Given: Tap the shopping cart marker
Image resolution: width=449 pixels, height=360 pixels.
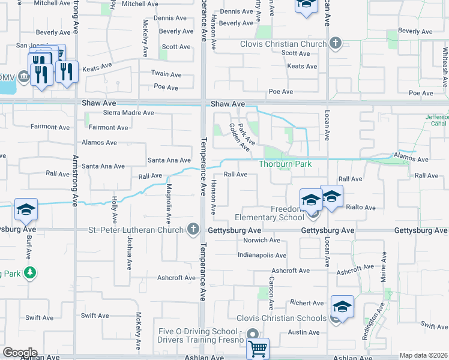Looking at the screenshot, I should [x=258, y=348].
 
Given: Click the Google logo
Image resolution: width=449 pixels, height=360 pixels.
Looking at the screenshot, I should [x=19, y=353].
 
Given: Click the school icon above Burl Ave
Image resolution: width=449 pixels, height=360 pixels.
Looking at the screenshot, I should [x=26, y=209].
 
